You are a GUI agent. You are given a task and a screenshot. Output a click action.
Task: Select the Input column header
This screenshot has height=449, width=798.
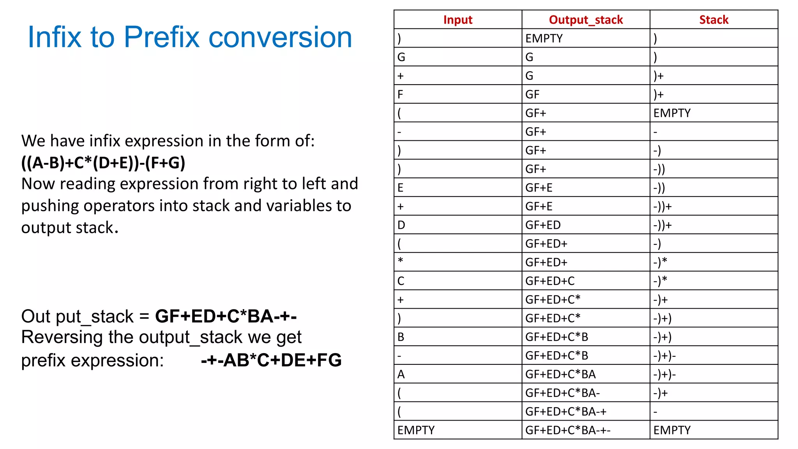pyautogui.click(x=457, y=20)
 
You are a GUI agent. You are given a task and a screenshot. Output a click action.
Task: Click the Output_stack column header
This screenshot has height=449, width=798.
pyautogui.click(x=586, y=20)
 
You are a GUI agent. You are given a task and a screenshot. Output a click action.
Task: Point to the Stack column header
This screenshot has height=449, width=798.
pyautogui.click(x=713, y=20)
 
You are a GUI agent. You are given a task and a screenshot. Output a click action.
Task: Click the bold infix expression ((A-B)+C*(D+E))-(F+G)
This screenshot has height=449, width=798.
pyautogui.click(x=103, y=163)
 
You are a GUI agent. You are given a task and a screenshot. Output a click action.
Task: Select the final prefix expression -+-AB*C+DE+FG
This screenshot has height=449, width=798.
pyautogui.click(x=271, y=360)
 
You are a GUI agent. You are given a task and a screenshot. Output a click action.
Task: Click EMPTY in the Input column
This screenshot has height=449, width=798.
pyautogui.click(x=416, y=430)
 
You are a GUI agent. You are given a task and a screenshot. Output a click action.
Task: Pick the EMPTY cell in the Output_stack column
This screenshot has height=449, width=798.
pyautogui.click(x=544, y=39)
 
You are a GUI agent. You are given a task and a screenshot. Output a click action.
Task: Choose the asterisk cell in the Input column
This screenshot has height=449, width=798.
pyautogui.click(x=401, y=261)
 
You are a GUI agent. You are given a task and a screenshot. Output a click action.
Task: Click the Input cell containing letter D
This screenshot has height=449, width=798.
pyautogui.click(x=401, y=225)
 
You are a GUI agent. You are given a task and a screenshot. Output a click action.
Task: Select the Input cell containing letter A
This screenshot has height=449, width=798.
pyautogui.click(x=401, y=374)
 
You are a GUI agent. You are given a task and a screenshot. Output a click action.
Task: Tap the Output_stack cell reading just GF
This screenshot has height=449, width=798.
pyautogui.click(x=532, y=94)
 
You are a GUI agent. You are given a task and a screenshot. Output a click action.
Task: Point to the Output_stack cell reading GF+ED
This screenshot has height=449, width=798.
pyautogui.click(x=543, y=225)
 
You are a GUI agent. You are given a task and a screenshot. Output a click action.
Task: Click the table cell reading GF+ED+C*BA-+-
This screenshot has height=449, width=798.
pyautogui.click(x=568, y=430)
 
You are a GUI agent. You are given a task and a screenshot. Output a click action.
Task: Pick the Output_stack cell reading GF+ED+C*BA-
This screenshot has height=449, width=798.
pyautogui.click(x=562, y=393)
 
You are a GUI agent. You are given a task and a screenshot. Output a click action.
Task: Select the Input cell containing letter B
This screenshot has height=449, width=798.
pyautogui.click(x=401, y=337)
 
